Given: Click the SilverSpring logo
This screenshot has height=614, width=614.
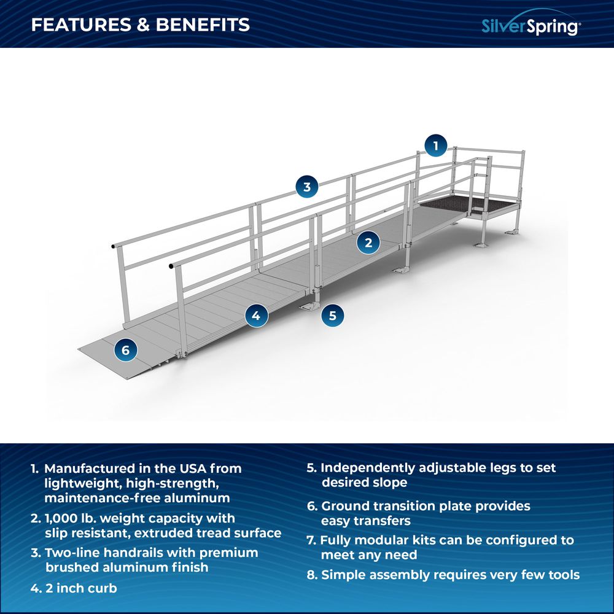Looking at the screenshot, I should click(x=530, y=25).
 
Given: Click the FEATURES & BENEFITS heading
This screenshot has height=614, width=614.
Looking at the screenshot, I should click(x=141, y=25).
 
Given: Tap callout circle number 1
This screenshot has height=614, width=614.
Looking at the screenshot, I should click(x=436, y=146).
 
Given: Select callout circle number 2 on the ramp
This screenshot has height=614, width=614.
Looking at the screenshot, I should click(x=368, y=242).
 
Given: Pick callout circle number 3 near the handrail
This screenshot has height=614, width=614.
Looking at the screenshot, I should click(x=307, y=186).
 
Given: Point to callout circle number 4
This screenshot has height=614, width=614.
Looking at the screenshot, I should click(x=257, y=316).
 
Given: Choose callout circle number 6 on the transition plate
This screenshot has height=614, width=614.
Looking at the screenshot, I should click(x=125, y=350).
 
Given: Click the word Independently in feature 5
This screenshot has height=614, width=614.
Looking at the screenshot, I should click(x=368, y=468).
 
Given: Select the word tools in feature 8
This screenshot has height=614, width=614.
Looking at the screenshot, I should click(x=562, y=575).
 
